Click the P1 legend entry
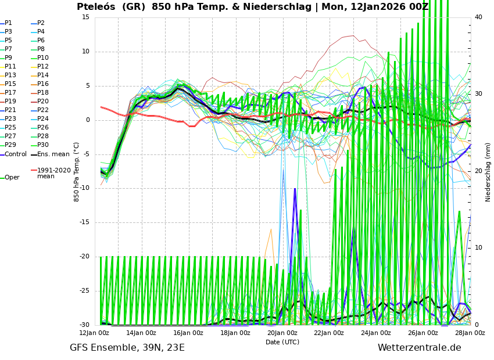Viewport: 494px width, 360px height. tap(8, 23)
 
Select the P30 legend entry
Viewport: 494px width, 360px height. tap(43, 145)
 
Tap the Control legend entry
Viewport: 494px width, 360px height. tap(15, 154)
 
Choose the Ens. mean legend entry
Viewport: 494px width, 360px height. tap(53, 154)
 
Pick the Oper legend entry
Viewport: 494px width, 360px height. tap(12, 178)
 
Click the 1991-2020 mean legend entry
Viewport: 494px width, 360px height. tap(53, 173)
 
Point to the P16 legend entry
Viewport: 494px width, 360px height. tap(43, 84)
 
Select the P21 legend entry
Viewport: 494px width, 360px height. tap(10, 110)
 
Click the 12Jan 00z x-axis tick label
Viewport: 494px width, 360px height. tap(94, 333)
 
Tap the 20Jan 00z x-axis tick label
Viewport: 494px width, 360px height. tap(282, 333)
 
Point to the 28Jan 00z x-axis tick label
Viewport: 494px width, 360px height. tap(470, 333)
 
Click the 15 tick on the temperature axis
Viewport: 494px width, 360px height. tap(85, 17)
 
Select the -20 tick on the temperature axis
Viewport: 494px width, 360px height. tap(84, 257)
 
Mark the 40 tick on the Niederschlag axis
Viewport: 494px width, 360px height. tap(478, 17)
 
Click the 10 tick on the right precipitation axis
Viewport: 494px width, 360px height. tap(478, 248)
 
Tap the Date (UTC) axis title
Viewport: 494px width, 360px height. tap(282, 343)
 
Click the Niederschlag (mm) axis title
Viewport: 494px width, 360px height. tap(488, 172)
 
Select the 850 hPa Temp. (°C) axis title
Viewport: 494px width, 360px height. tap(77, 172)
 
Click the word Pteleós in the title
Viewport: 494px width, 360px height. tap(98, 7)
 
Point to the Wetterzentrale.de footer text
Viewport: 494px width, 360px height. tap(419, 348)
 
